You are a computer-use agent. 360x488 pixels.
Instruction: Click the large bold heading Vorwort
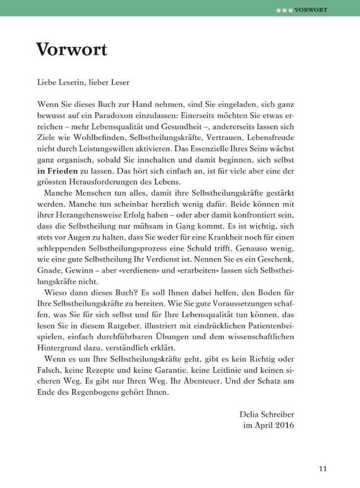pyautogui.click(x=71, y=49)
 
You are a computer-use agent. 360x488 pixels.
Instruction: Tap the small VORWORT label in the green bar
pyautogui.click(x=311, y=9)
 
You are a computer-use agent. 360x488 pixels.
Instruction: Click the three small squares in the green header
pyautogui.click(x=285, y=9)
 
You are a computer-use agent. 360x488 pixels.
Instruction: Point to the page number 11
pyautogui.click(x=322, y=469)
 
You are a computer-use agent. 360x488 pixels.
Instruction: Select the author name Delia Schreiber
pyautogui.click(x=267, y=414)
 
